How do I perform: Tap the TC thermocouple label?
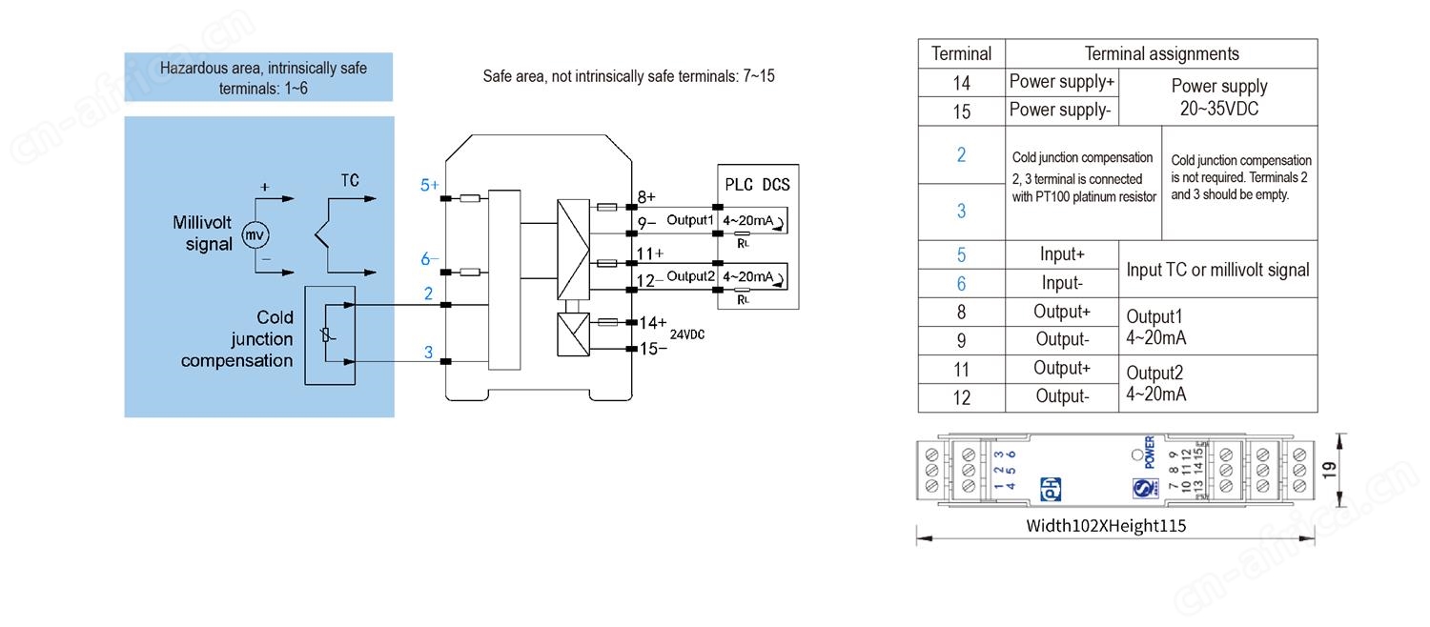[x=350, y=181]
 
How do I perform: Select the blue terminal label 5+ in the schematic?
[x=430, y=185]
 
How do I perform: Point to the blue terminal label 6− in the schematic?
[x=430, y=259]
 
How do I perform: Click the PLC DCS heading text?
[x=757, y=185]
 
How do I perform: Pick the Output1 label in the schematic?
[x=690, y=220]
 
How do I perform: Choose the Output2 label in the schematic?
[x=690, y=276]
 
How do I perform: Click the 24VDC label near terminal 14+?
[x=686, y=335]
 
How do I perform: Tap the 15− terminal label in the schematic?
[x=653, y=349]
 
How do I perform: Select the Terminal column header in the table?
[x=961, y=54]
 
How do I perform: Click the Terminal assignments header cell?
[x=1161, y=54]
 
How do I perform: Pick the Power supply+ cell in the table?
[x=1061, y=82]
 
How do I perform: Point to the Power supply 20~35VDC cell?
[x=1218, y=97]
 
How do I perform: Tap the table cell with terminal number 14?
[x=961, y=83]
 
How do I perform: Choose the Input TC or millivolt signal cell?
[x=1217, y=270]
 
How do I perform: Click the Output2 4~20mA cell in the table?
[x=1156, y=383]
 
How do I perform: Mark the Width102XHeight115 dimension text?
[x=1106, y=525]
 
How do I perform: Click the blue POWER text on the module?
[x=1150, y=453]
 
